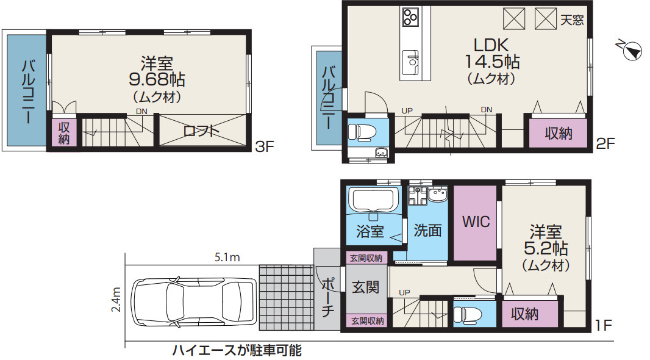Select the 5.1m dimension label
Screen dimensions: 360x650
tap(227, 257)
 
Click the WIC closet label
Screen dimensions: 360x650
tap(476, 221)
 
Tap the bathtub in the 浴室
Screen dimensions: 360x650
tap(373, 200)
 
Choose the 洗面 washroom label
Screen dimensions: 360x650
tap(427, 231)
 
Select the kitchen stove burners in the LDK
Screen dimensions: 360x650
tap(410, 16)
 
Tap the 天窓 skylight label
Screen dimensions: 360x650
tap(572, 20)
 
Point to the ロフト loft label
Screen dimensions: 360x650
tap(201, 131)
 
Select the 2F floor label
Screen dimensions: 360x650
tap(605, 145)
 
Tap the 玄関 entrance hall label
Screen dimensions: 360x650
tap(366, 286)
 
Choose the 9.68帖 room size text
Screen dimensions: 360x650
tap(157, 79)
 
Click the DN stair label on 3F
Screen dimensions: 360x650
tap(141, 112)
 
